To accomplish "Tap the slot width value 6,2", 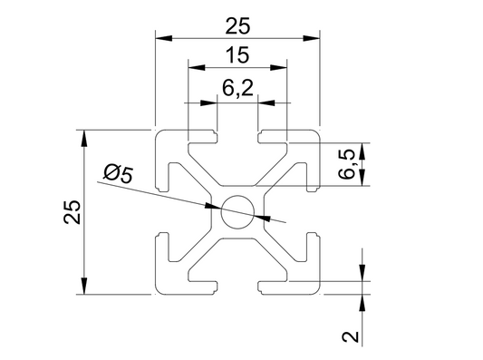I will pyautogui.click(x=237, y=88).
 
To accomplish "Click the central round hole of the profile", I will pyautogui.click(x=237, y=212).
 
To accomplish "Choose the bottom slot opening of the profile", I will pyautogui.click(x=237, y=288).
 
